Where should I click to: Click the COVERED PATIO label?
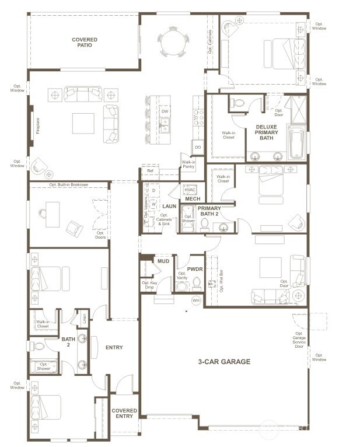tap(85, 43)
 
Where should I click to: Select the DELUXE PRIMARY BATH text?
tap(267, 132)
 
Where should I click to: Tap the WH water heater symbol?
tap(196, 300)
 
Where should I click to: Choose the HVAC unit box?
tap(190, 190)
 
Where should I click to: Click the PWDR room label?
tap(194, 269)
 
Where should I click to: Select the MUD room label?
tap(163, 261)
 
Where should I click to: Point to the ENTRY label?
tap(114, 348)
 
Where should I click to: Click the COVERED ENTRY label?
tap(124, 414)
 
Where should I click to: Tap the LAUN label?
tap(169, 206)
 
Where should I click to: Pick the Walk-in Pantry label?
tap(188, 165)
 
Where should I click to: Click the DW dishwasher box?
tap(165, 111)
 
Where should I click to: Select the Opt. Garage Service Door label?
tap(299, 340)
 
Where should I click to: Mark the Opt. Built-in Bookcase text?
tap(69, 184)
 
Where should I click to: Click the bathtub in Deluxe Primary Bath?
tap(296, 144)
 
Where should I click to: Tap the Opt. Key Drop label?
tap(149, 285)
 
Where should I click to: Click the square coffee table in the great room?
tap(83, 123)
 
